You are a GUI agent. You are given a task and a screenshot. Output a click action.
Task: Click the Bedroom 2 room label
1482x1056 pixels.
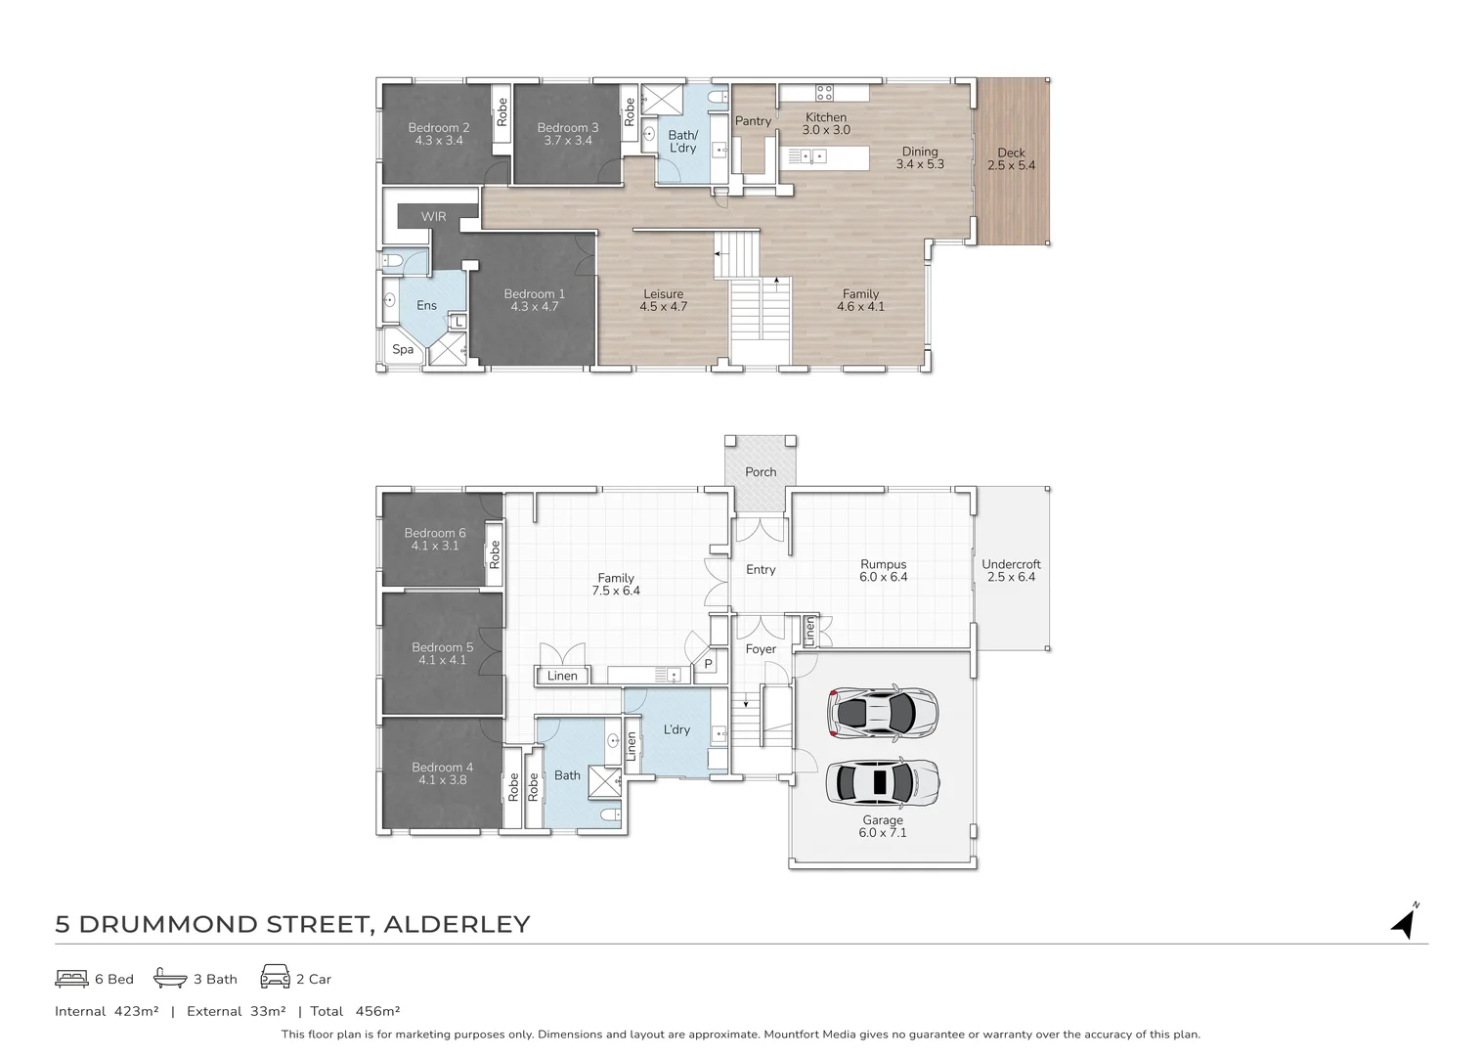coord(439,128)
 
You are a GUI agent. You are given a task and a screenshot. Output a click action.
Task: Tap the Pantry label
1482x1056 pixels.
coord(753,121)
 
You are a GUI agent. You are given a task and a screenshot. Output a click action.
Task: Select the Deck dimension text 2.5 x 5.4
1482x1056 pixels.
coord(1011,165)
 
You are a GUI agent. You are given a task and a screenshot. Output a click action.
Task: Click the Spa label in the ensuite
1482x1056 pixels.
coord(403,349)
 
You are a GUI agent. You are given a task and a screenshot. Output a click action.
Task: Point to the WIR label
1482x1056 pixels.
coord(433,216)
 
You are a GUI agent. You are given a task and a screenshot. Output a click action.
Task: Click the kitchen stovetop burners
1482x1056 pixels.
coord(824,92)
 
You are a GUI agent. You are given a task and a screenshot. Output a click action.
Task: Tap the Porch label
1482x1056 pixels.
coord(761,471)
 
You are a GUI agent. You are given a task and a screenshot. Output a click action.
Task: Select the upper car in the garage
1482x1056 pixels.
coord(883,712)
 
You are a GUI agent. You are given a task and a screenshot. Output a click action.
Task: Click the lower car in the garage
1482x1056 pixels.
coord(883,783)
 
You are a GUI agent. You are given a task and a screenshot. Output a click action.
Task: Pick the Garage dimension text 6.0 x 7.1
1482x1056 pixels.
coord(883,832)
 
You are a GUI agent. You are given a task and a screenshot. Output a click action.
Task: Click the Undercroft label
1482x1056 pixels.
coord(1011,564)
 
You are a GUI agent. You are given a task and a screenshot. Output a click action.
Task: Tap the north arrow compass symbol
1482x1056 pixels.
coord(1405,922)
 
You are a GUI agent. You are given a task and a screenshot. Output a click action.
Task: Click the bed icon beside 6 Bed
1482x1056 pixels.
coord(71,979)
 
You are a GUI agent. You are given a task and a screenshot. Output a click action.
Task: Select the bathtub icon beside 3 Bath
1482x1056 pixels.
coord(170,978)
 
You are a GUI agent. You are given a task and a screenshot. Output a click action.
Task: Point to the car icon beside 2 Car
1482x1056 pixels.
coord(275,977)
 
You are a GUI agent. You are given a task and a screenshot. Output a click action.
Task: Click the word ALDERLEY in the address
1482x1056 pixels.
coord(458,924)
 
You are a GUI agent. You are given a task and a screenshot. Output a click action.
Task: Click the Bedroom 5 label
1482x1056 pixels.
coord(442,647)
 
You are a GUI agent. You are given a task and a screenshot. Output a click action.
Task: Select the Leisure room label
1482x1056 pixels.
coord(663,293)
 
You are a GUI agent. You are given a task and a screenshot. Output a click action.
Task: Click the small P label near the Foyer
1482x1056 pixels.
coord(708,664)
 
